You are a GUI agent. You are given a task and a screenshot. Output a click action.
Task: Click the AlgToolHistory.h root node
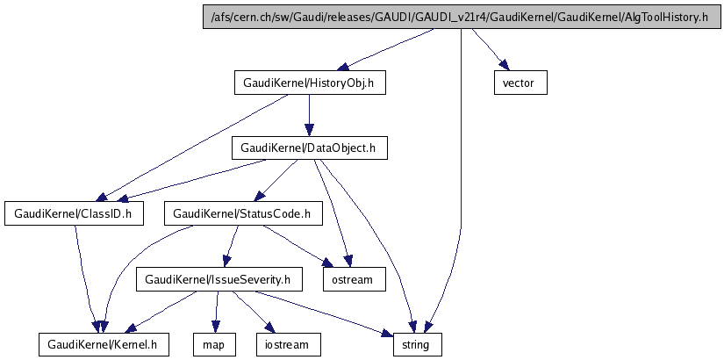(459, 17)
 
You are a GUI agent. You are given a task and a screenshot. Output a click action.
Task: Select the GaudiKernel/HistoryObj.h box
(310, 83)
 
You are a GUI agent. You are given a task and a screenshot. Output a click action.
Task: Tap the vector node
(520, 83)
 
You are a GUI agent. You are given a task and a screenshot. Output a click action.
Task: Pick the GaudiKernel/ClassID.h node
(75, 212)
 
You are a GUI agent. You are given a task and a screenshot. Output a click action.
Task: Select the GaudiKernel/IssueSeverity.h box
(219, 280)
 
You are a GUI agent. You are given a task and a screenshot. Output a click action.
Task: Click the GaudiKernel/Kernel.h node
(104, 344)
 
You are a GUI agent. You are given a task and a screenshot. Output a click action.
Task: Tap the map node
(215, 344)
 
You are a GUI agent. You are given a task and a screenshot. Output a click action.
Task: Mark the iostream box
(288, 344)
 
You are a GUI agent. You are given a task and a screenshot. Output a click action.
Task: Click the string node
(416, 344)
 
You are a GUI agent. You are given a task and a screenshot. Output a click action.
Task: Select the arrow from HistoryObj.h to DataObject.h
(310, 115)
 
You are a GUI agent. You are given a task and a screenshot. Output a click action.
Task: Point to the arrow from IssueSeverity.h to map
(217, 312)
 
